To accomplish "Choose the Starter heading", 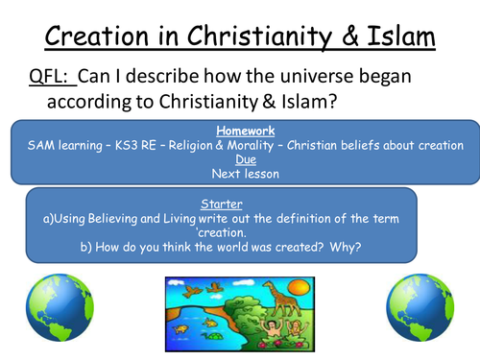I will point(221,204).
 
